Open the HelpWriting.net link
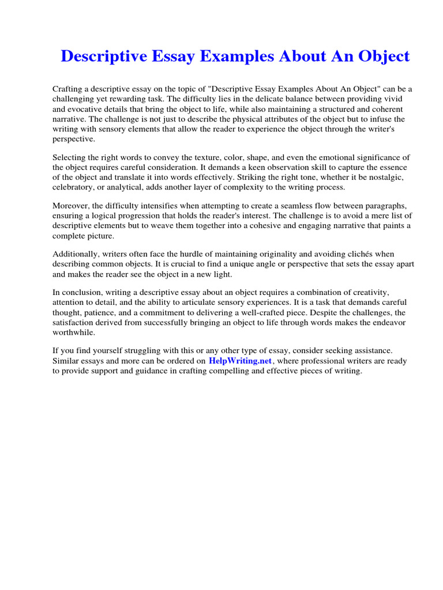(x=240, y=361)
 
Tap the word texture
(x=213, y=158)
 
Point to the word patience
(x=96, y=313)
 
